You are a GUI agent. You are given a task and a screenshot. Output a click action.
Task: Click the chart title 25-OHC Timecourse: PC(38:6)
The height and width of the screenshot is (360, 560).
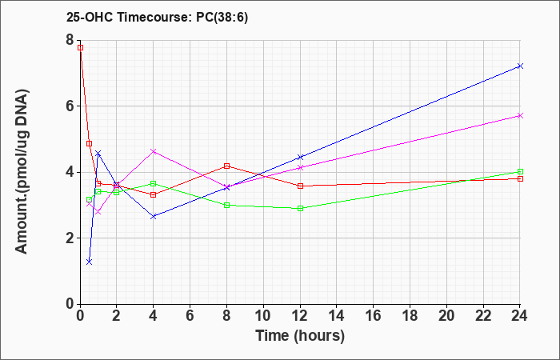pyautogui.click(x=157, y=18)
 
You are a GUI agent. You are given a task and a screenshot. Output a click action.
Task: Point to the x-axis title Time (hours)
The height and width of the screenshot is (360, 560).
pyautogui.click(x=300, y=336)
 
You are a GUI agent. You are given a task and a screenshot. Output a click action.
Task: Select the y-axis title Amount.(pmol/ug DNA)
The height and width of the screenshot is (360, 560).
pyautogui.click(x=22, y=172)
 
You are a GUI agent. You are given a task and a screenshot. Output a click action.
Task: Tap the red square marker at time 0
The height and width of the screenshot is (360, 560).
pyautogui.click(x=80, y=47)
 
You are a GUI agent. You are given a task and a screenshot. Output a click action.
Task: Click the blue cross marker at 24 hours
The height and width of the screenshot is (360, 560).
pyautogui.click(x=520, y=66)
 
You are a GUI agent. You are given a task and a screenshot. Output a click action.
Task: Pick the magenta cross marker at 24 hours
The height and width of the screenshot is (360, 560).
pyautogui.click(x=520, y=116)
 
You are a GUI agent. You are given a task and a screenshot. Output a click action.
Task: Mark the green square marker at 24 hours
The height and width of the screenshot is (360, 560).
pyautogui.click(x=520, y=171)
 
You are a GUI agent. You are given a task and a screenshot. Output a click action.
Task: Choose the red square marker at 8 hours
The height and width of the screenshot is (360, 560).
pyautogui.click(x=226, y=166)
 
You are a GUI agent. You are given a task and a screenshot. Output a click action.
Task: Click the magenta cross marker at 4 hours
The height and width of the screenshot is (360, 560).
pyautogui.click(x=154, y=151)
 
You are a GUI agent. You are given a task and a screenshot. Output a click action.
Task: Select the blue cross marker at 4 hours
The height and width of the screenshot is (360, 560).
pyautogui.click(x=154, y=217)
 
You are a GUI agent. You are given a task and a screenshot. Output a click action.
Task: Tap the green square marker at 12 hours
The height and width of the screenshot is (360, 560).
pyautogui.click(x=300, y=209)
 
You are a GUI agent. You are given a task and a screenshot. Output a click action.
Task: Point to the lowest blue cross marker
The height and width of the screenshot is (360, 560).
pyautogui.click(x=90, y=262)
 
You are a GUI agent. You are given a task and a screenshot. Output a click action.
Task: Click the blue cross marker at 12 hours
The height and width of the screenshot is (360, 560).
pyautogui.click(x=300, y=157)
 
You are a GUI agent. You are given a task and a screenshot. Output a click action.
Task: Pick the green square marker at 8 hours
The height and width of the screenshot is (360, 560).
pyautogui.click(x=226, y=206)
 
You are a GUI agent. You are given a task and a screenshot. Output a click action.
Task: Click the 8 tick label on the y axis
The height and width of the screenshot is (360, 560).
pyautogui.click(x=70, y=40)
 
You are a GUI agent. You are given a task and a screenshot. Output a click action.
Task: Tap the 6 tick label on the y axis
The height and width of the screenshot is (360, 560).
pyautogui.click(x=70, y=106)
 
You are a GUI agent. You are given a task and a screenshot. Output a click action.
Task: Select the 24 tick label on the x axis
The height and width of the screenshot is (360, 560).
pyautogui.click(x=520, y=316)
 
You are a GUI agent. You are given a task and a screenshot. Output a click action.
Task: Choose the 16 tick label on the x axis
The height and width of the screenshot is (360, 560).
pyautogui.click(x=374, y=316)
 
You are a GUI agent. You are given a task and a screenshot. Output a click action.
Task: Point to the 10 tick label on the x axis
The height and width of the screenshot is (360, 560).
pyautogui.click(x=263, y=316)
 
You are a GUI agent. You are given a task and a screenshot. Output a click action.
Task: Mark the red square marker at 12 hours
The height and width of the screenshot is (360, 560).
pyautogui.click(x=300, y=186)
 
